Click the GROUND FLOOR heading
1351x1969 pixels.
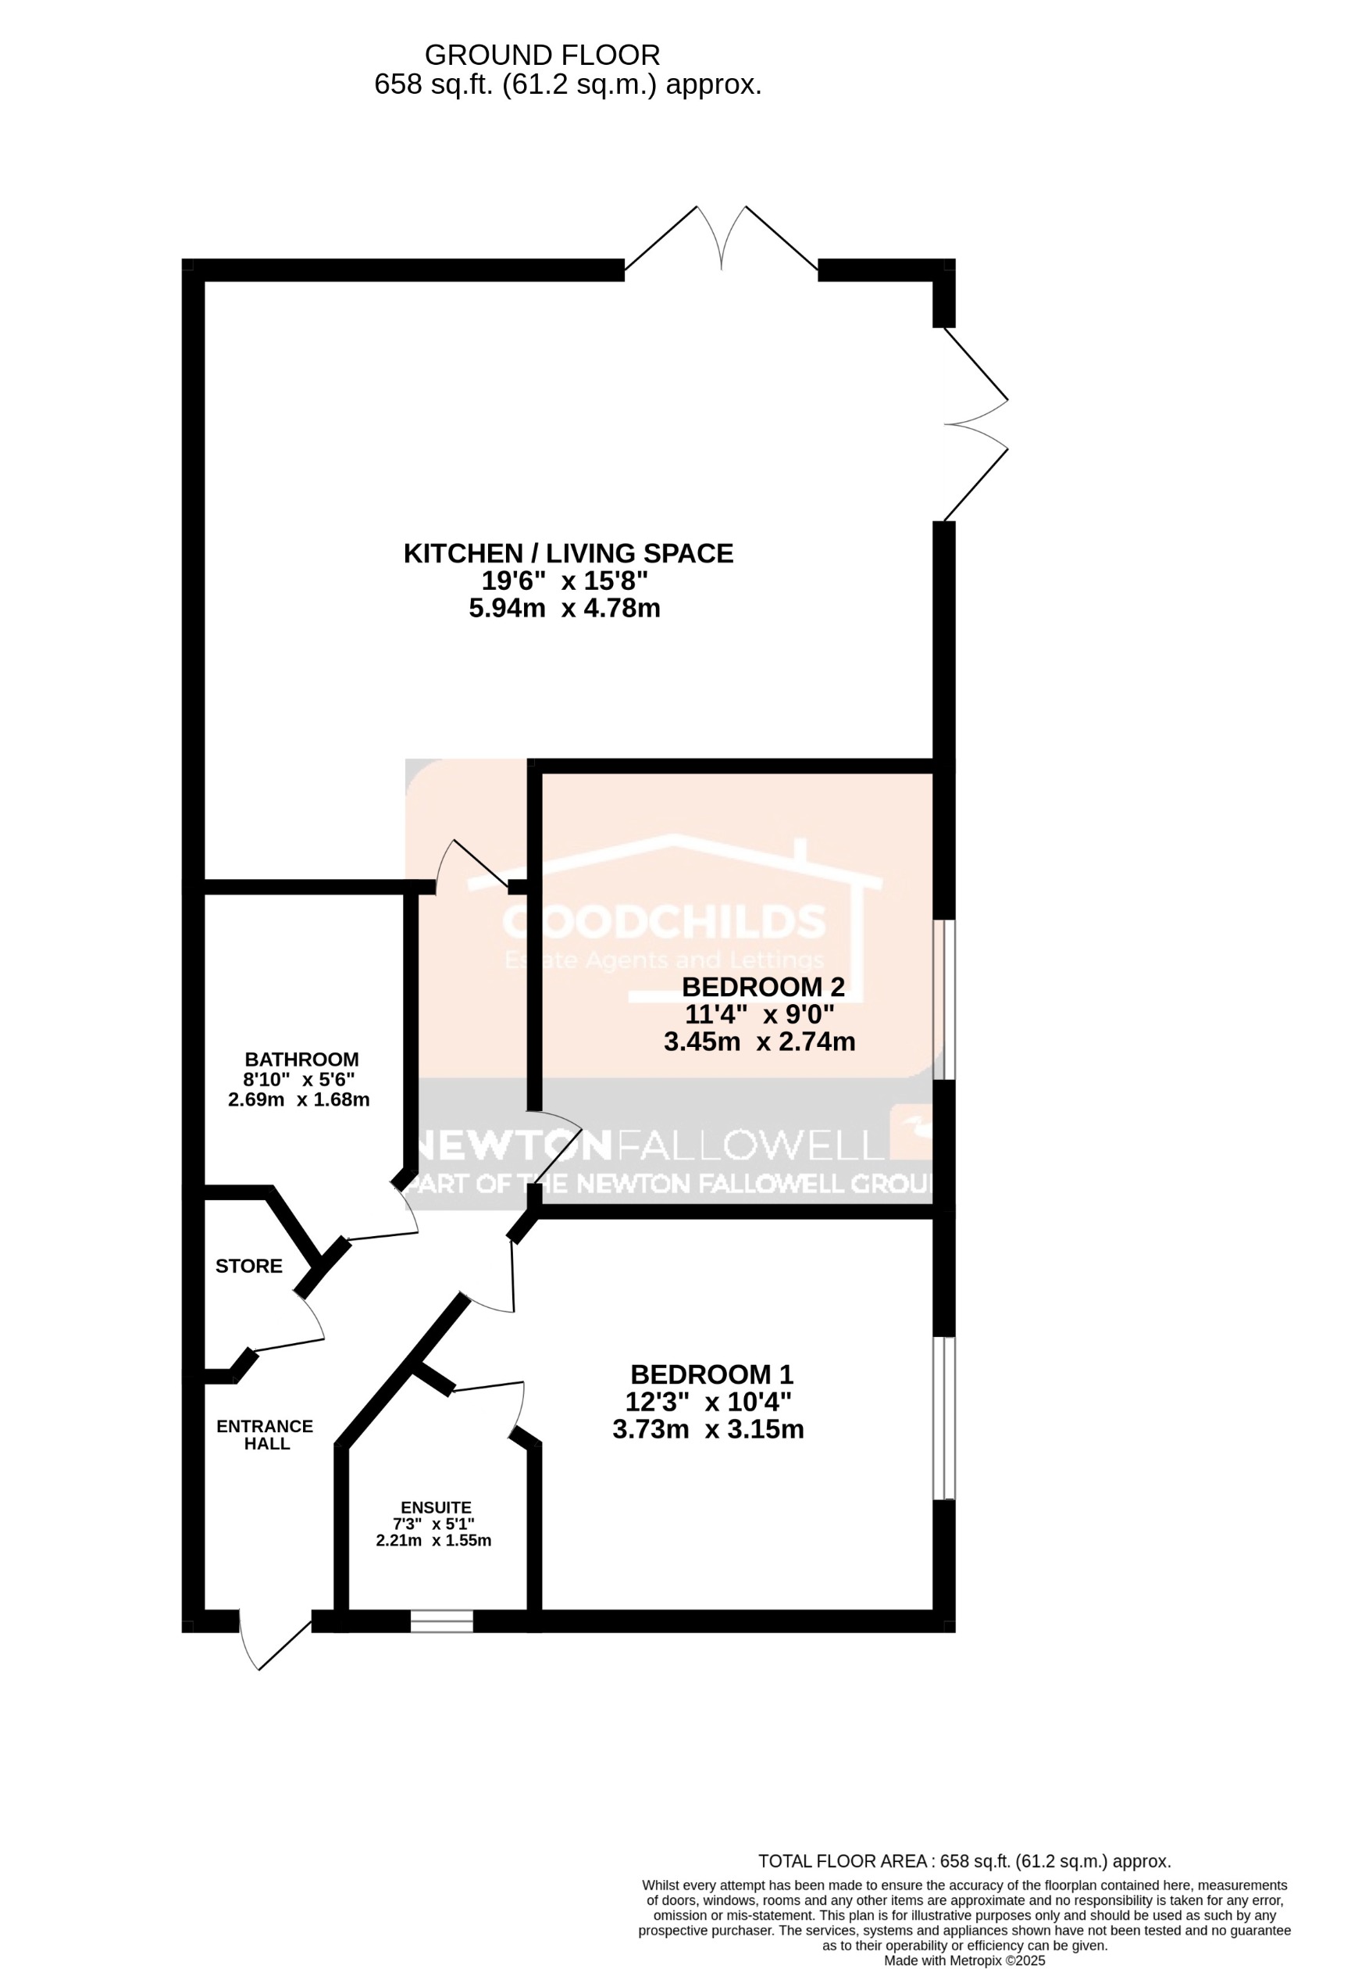pos(541,55)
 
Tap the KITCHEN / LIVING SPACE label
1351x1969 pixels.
pos(568,553)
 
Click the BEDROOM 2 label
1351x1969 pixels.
pos(763,987)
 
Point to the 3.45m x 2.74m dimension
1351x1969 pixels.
pos(759,1042)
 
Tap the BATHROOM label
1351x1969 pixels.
pos(301,1059)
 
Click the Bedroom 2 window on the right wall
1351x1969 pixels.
pos(943,1000)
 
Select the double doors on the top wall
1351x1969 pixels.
pos(721,241)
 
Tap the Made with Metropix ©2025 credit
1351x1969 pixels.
pos(964,1958)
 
